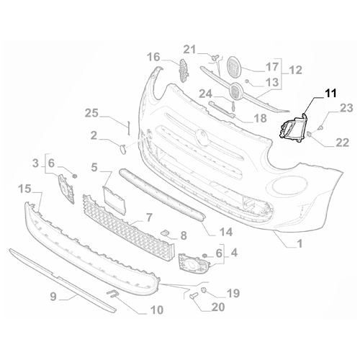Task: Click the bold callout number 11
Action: (310, 92)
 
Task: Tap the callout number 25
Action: (91, 113)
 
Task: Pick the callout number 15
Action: (24, 189)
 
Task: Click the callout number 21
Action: (189, 49)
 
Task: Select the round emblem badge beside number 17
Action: (234, 68)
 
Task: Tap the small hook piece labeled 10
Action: (114, 292)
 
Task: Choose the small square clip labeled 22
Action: (310, 135)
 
